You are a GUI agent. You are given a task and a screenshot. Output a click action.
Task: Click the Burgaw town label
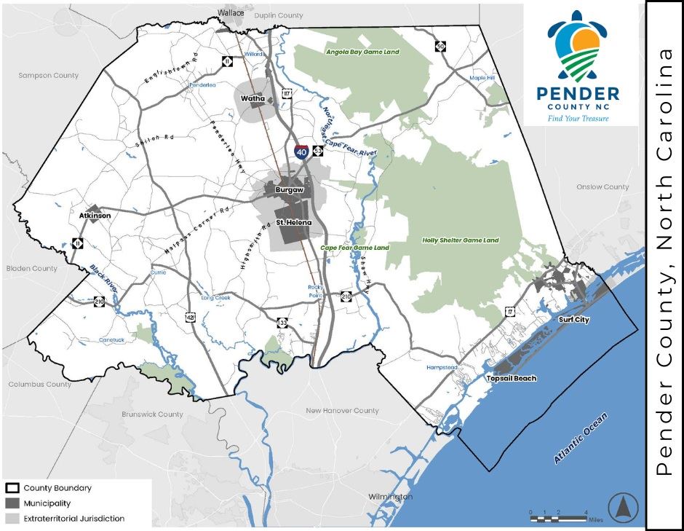tap(289, 190)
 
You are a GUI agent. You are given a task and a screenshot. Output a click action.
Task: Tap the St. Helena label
tap(293, 222)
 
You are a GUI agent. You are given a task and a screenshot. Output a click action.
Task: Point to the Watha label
tap(252, 97)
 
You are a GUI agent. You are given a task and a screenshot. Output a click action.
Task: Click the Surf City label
tap(574, 320)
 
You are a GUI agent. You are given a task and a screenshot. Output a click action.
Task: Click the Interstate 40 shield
tap(301, 152)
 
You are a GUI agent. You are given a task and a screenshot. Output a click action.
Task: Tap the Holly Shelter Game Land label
tap(461, 240)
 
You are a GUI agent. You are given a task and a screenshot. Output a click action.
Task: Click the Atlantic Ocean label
tap(580, 438)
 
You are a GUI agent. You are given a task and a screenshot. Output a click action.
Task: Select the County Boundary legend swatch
tap(12, 488)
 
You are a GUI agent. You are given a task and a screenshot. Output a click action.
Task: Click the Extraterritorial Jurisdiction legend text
tap(73, 519)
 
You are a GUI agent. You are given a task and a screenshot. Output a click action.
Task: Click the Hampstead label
tap(442, 367)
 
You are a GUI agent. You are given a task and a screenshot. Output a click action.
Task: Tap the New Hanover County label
tap(342, 411)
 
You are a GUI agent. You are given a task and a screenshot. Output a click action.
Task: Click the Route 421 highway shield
tap(191, 318)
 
